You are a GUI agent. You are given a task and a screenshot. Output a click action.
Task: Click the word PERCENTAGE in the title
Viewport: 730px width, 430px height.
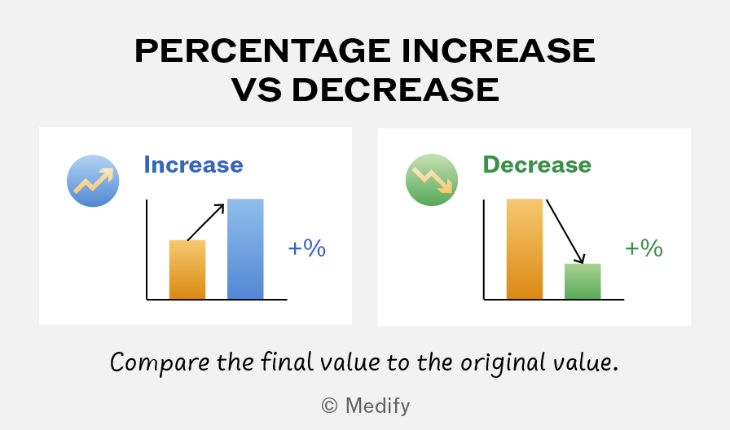pyautogui.click(x=263, y=50)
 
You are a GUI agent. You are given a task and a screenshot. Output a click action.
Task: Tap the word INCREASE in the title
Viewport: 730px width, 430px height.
pyautogui.click(x=498, y=50)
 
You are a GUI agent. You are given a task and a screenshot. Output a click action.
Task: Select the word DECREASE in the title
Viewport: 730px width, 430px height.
pyautogui.click(x=396, y=90)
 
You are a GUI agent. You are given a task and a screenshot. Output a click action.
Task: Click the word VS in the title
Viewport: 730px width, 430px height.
pyautogui.click(x=257, y=90)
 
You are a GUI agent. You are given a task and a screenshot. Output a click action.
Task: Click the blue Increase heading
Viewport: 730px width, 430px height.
pyautogui.click(x=193, y=165)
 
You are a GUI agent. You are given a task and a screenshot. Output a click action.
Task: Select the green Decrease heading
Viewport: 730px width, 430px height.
pyautogui.click(x=537, y=165)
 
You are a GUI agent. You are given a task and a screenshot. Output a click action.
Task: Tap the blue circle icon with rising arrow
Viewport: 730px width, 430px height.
pyautogui.click(x=93, y=181)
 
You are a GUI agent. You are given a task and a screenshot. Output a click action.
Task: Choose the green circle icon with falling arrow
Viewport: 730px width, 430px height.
pyautogui.click(x=432, y=180)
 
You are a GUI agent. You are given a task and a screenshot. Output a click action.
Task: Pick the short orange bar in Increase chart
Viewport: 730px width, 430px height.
pyautogui.click(x=187, y=270)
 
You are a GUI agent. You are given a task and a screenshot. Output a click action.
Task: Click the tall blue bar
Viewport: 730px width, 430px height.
pyautogui.click(x=245, y=249)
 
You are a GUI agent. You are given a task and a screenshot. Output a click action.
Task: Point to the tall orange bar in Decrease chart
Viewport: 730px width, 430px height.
pyautogui.click(x=524, y=249)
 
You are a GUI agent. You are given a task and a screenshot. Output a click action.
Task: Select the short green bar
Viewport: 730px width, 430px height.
pyautogui.click(x=583, y=282)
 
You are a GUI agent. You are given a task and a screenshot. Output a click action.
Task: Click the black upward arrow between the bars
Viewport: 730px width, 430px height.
pyautogui.click(x=206, y=222)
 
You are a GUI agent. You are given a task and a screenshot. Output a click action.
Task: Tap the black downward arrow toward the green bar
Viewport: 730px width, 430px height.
pyautogui.click(x=565, y=232)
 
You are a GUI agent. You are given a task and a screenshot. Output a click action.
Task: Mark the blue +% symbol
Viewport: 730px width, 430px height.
pyautogui.click(x=307, y=248)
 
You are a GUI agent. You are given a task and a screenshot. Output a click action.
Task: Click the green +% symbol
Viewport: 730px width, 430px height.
pyautogui.click(x=644, y=248)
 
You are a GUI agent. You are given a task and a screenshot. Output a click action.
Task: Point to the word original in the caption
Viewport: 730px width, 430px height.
pyautogui.click(x=503, y=362)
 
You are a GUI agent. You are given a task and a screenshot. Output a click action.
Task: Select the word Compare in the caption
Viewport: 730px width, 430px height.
pyautogui.click(x=160, y=362)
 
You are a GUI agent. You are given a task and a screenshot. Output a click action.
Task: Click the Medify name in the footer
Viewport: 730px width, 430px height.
pyautogui.click(x=377, y=406)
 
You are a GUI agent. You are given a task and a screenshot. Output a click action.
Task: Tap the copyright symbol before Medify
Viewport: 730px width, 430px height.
pyautogui.click(x=330, y=406)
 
